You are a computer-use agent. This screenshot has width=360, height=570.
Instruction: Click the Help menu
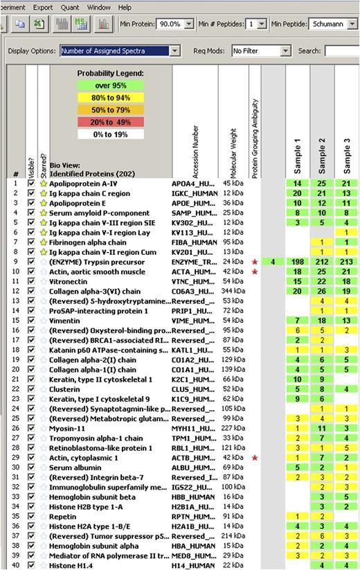(x=125, y=7)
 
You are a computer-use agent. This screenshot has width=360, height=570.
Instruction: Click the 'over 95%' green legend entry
(x=111, y=85)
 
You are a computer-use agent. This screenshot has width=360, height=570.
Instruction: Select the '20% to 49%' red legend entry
(x=111, y=123)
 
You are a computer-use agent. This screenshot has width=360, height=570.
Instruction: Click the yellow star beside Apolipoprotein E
(x=43, y=203)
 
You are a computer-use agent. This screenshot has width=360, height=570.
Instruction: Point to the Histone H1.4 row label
(x=69, y=566)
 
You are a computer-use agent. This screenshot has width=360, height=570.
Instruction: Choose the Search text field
(x=342, y=51)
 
